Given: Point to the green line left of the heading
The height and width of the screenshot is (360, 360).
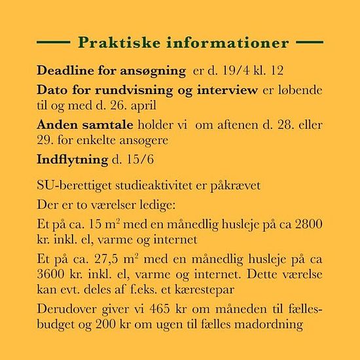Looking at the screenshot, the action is coord(55,43).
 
